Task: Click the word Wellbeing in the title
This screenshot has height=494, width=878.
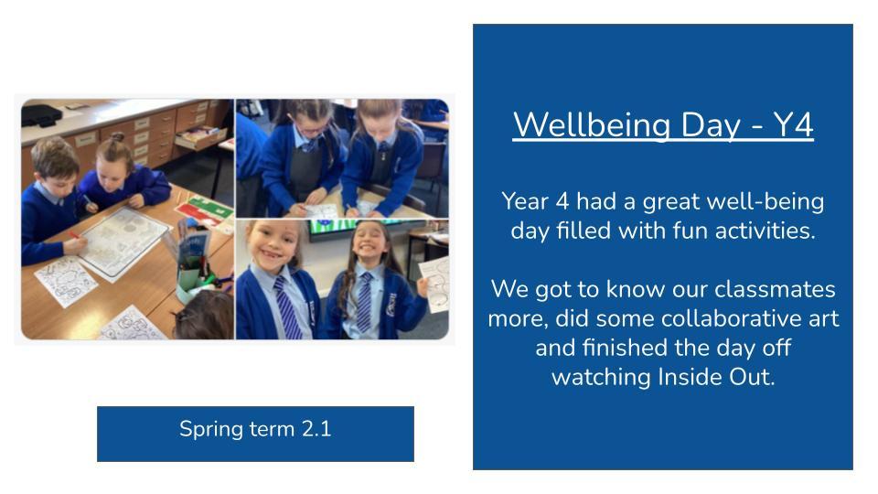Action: pos(593,125)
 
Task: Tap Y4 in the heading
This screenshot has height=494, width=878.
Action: pos(793,124)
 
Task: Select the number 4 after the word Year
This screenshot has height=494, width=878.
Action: pos(562,201)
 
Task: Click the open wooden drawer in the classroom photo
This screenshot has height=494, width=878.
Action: pos(201,136)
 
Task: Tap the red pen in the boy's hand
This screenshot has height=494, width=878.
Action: pos(74,236)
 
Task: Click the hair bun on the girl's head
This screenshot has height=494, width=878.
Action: pos(117,137)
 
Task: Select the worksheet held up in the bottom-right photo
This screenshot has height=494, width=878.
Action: pos(434,285)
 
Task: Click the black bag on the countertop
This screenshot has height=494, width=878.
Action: pos(41,115)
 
